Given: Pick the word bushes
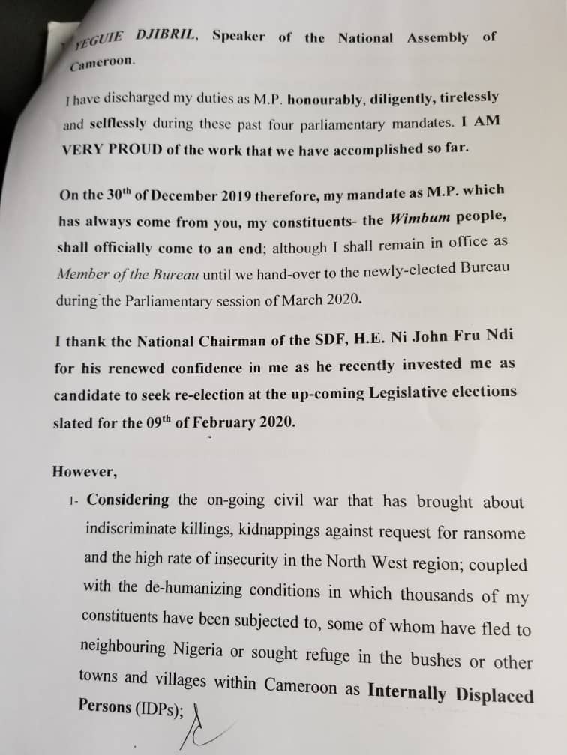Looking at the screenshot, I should pyautogui.click(x=441, y=659).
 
